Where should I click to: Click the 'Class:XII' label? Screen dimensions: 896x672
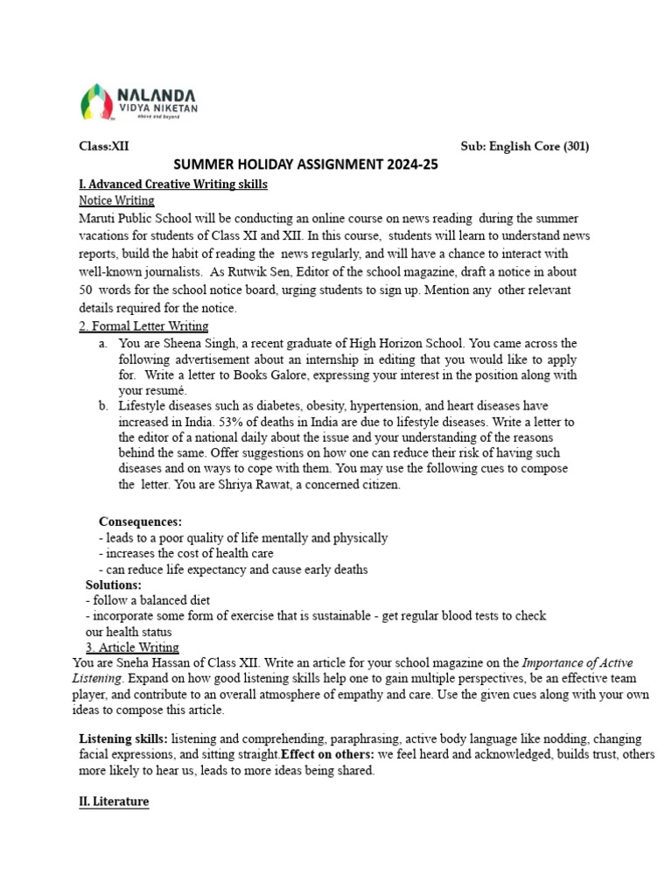tap(104, 147)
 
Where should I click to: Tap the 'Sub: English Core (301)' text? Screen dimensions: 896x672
tap(524, 147)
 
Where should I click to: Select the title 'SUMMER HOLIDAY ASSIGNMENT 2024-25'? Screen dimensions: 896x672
tap(305, 164)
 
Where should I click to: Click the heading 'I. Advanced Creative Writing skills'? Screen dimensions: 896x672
tap(173, 184)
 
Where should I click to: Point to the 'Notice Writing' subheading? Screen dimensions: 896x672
tap(116, 201)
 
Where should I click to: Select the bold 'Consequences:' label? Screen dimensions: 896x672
tap(140, 521)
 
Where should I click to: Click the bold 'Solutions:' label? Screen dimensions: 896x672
tap(113, 584)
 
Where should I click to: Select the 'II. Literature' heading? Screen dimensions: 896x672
tap(114, 801)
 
